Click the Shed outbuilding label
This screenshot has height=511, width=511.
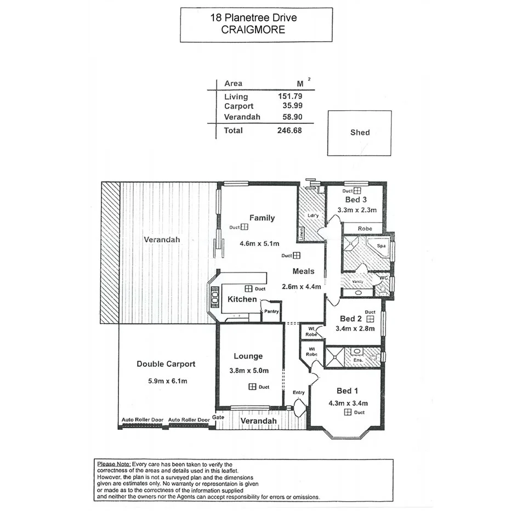360,132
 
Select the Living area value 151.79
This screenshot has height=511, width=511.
290,96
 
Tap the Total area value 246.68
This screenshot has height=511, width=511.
290,130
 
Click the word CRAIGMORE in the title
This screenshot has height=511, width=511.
253,30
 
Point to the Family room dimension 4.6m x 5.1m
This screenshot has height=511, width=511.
259,243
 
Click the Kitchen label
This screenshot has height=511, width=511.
242,299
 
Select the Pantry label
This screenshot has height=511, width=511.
271,311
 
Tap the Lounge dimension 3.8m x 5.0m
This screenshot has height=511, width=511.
248,371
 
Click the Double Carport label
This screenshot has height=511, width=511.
166,364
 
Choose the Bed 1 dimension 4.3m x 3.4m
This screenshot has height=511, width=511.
349,404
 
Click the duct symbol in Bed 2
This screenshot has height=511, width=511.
370,318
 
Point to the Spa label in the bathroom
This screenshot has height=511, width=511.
381,247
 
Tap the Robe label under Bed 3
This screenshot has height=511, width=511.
365,228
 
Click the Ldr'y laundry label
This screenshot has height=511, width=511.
314,215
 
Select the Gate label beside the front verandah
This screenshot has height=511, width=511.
219,417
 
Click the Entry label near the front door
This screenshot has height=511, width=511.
298,393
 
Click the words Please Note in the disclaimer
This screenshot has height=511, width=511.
113,464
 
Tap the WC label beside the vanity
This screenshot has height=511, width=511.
384,278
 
